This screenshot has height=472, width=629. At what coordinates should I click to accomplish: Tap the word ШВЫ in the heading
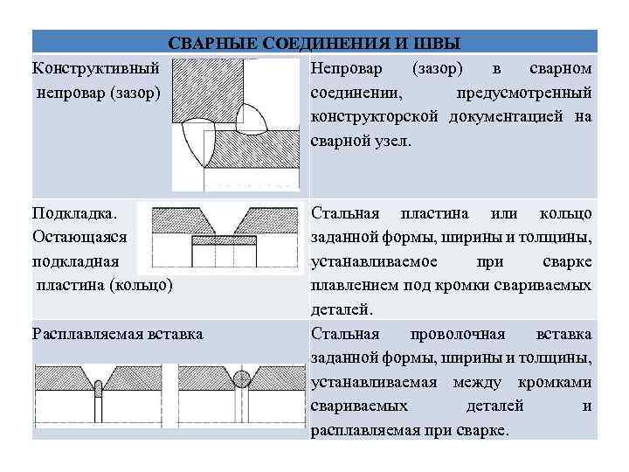point(439,43)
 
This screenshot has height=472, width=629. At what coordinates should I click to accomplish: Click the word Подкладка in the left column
point(73,212)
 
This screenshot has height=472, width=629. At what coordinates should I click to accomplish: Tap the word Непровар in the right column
point(347,67)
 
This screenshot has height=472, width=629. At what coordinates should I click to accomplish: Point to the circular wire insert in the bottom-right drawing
point(242,378)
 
